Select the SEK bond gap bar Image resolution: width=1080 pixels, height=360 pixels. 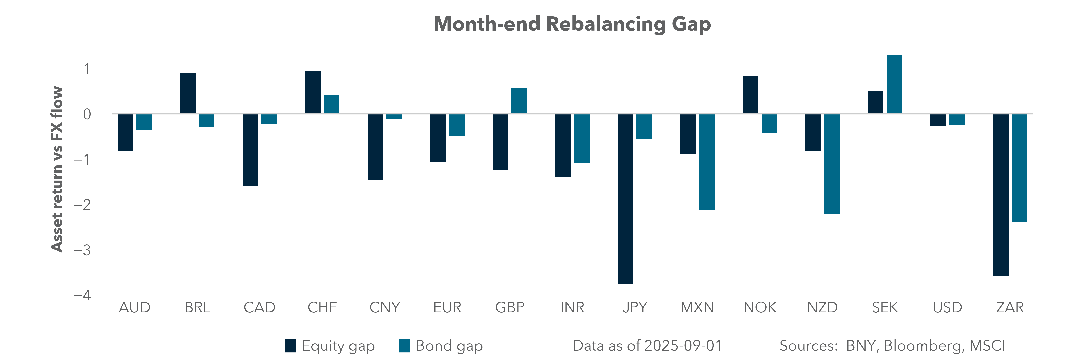894,84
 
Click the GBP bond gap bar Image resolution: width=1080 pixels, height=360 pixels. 519,101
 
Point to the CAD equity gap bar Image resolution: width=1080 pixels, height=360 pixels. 250,150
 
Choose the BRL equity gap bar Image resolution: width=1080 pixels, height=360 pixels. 188,93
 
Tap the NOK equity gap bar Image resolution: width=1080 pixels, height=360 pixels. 750,95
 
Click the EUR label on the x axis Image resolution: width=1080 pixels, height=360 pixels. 447,308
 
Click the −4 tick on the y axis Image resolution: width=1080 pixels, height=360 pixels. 82,295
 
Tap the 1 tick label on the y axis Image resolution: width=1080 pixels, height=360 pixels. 87,69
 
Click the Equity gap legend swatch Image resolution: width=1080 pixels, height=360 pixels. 290,346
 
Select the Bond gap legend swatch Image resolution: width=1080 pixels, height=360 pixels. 404,346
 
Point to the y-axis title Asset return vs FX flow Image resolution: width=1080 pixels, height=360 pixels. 57,169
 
